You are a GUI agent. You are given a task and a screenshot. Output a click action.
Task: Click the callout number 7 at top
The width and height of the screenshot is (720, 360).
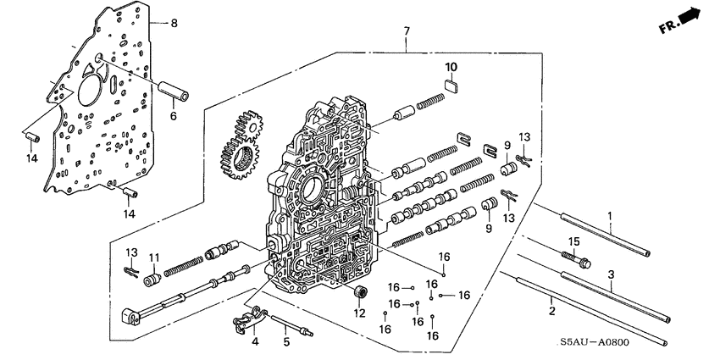(406, 31)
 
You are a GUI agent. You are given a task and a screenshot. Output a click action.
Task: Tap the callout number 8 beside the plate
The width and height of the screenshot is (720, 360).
(174, 23)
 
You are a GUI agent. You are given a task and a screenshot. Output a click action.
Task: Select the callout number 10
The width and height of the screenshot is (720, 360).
(451, 66)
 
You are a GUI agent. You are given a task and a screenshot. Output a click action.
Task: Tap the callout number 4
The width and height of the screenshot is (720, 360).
(253, 341)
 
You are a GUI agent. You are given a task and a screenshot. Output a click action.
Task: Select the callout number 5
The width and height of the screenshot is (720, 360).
(285, 341)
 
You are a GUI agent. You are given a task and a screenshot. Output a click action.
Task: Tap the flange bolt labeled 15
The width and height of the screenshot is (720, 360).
(572, 257)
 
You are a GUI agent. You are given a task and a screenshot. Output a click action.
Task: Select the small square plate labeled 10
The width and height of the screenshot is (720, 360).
(451, 83)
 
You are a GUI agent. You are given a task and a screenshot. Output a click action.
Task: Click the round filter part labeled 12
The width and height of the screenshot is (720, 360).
(359, 294)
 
